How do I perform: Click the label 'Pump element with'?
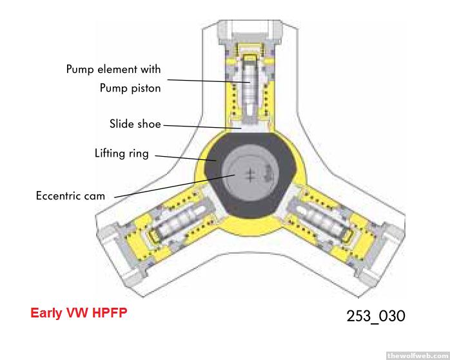[x=113, y=69]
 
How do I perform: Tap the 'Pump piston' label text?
[x=130, y=88]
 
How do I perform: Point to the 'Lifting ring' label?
[x=121, y=154]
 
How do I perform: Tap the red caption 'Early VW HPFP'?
[x=79, y=314]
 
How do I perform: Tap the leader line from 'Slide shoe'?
[x=200, y=126]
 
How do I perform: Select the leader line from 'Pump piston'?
[x=206, y=82]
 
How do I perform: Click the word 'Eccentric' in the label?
[x=59, y=194]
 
